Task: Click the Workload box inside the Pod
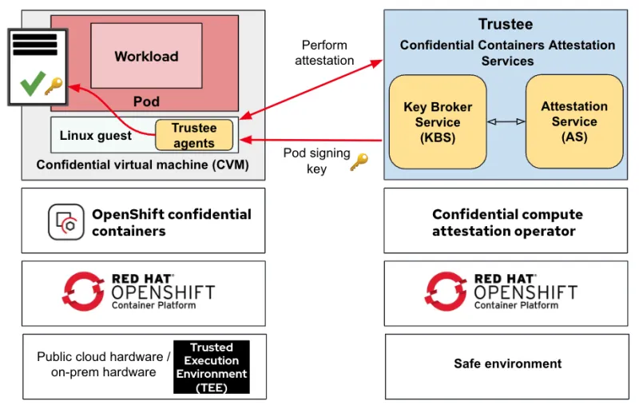pos(145,55)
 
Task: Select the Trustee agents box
pos(193,135)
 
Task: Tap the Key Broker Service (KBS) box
pos(437,121)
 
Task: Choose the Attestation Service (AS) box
pos(574,121)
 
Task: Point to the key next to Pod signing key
pos(359,162)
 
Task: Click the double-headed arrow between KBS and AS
pos(506,121)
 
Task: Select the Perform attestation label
pos(324,53)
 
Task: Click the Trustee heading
pos(505,25)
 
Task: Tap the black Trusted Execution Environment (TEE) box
pos(212,367)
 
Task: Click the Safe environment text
pos(507,363)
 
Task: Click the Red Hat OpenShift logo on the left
pos(83,291)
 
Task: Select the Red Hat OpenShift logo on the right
pos(445,291)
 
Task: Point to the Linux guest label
pos(95,136)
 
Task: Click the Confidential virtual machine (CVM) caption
pos(143,165)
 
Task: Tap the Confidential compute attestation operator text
pos(507,223)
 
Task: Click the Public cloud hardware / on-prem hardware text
pos(103,364)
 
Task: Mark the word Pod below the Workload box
pos(145,101)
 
